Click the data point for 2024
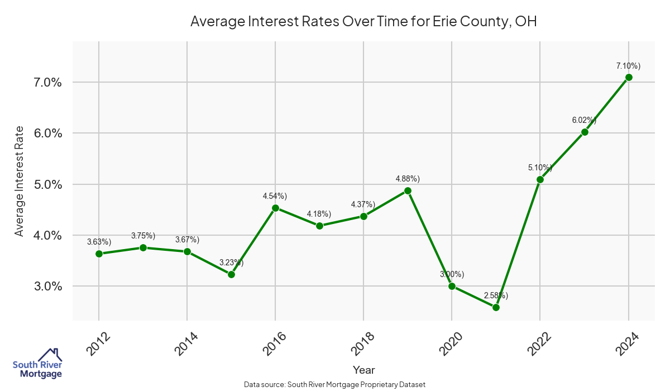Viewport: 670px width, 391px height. (629, 77)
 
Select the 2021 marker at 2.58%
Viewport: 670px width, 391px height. (496, 307)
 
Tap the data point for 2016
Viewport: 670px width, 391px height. (275, 208)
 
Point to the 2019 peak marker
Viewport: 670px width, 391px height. (408, 190)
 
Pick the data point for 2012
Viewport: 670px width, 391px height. (99, 254)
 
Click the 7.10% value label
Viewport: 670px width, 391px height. (628, 66)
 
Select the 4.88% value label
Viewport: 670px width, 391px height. (408, 179)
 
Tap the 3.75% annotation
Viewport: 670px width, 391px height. (143, 236)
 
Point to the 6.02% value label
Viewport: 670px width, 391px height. (584, 120)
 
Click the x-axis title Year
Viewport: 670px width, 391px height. (364, 370)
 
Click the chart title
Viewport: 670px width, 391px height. (363, 21)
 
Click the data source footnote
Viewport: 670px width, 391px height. (335, 384)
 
